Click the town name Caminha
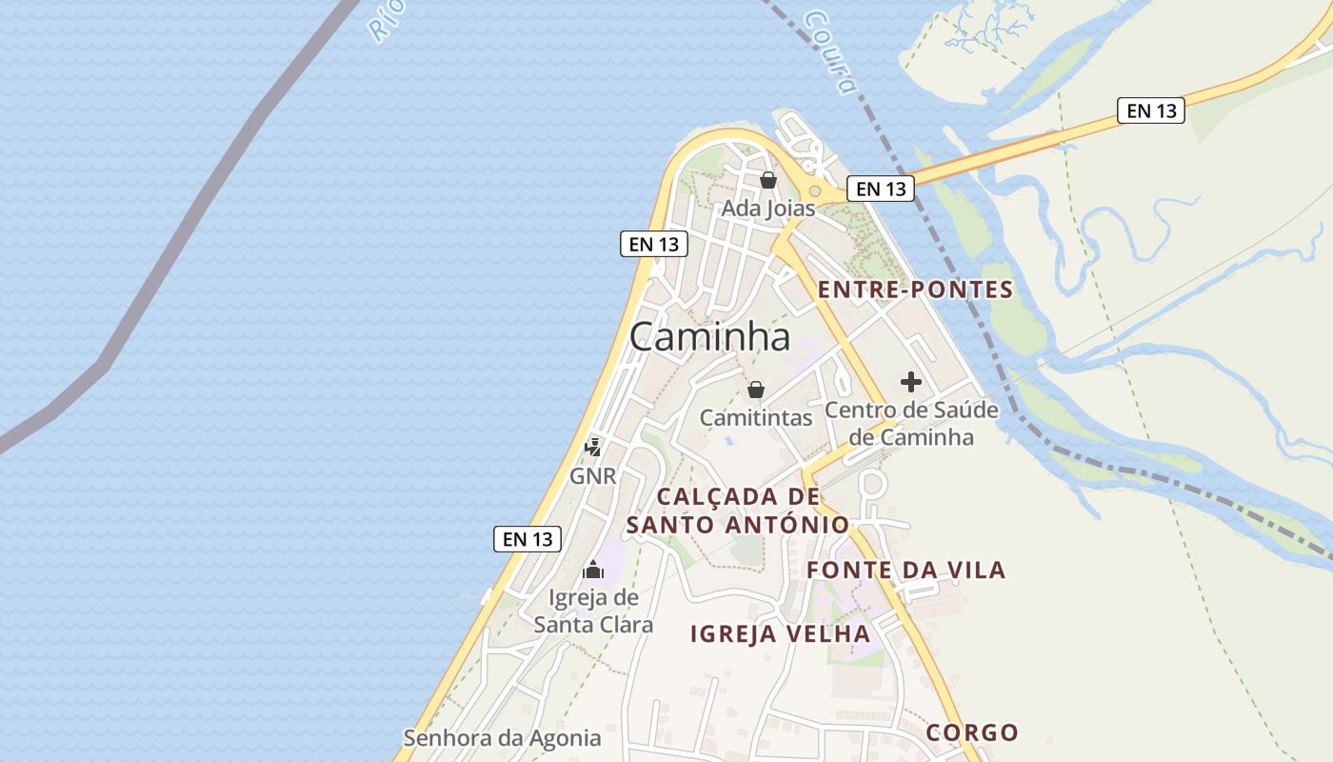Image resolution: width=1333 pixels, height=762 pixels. (x=709, y=336)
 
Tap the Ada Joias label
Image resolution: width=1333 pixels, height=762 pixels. (x=767, y=208)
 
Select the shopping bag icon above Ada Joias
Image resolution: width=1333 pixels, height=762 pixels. (x=767, y=180)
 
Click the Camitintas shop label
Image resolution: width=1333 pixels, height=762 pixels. (x=756, y=417)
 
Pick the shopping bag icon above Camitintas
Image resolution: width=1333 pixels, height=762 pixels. (x=756, y=390)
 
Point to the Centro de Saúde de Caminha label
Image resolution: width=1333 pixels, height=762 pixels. (x=911, y=424)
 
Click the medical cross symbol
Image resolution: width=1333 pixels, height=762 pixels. (x=911, y=383)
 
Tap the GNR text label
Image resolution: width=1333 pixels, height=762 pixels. (x=592, y=475)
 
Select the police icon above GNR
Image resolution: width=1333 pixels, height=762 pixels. (x=592, y=447)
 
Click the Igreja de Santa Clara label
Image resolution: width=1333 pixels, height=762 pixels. (x=593, y=611)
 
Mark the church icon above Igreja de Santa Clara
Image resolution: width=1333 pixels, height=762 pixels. (x=593, y=571)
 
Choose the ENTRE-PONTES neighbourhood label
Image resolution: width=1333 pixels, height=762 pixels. (x=916, y=290)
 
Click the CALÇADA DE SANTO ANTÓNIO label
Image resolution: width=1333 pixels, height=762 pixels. (x=738, y=511)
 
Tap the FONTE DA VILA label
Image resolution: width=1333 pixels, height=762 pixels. (x=906, y=571)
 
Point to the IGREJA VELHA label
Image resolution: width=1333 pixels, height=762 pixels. (x=780, y=633)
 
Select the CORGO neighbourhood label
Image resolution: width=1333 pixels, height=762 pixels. (x=972, y=732)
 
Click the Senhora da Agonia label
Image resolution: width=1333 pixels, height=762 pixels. (x=502, y=738)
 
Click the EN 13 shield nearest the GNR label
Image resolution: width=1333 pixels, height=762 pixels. (x=527, y=539)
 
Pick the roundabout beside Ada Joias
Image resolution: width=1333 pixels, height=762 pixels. (x=815, y=190)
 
